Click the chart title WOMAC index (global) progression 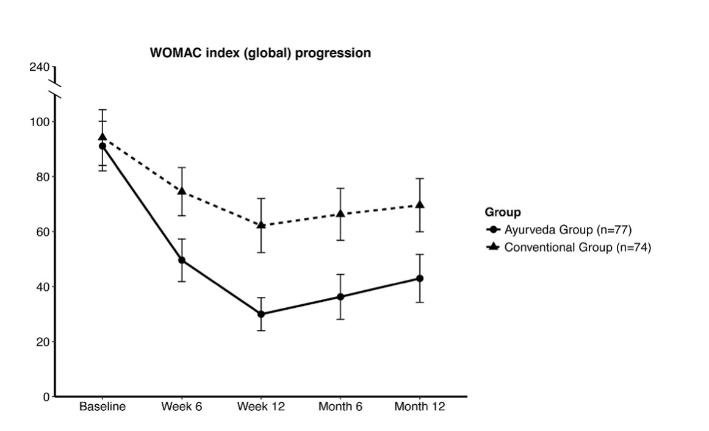click(260, 54)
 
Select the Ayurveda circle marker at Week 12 click(261, 314)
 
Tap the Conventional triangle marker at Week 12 click(261, 225)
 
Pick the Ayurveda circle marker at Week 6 click(182, 260)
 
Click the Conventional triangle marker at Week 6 click(182, 191)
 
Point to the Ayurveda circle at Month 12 click(420, 279)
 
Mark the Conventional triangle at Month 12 click(420, 205)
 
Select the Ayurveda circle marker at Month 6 click(340, 297)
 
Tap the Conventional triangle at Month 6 click(340, 213)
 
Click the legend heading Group click(503, 212)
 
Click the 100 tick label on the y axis click(40, 122)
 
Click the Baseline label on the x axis click(103, 407)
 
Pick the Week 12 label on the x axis click(261, 407)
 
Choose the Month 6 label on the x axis click(340, 407)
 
